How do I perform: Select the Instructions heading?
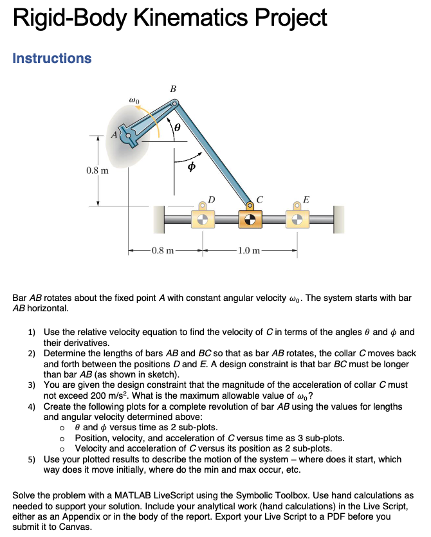click(x=52, y=59)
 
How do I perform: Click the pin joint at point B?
click(x=174, y=103)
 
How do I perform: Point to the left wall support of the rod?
click(x=159, y=220)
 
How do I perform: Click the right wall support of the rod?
click(x=338, y=220)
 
